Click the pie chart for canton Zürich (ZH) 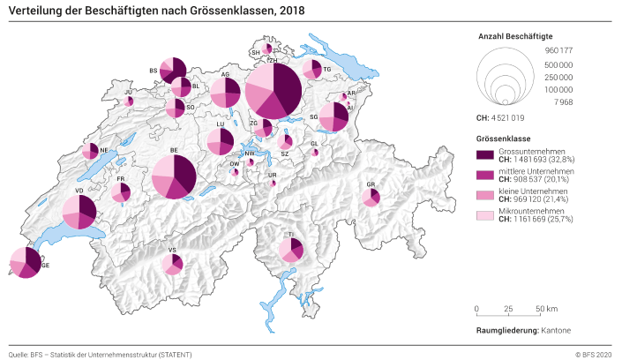point(274,89)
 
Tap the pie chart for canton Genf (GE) point(25,263)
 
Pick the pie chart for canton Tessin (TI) point(291,250)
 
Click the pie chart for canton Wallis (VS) point(172,263)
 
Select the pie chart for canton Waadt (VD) point(79,213)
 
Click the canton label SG point(313,116)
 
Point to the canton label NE point(104,150)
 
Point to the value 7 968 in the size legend point(565,102)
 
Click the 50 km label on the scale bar point(546,309)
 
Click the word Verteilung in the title point(37,10)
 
